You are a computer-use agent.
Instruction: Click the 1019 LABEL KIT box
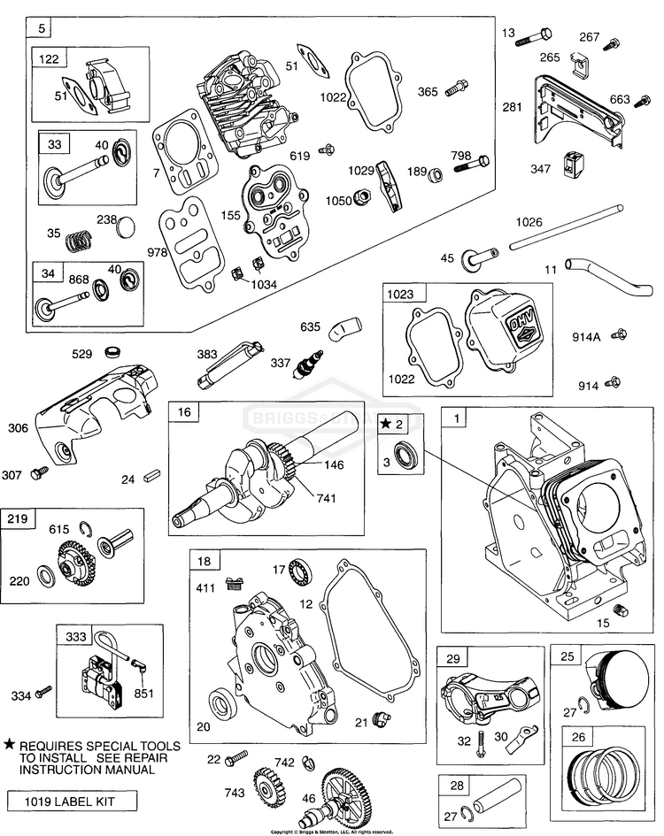click(x=73, y=802)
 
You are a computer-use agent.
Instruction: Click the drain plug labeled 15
click(x=622, y=610)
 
